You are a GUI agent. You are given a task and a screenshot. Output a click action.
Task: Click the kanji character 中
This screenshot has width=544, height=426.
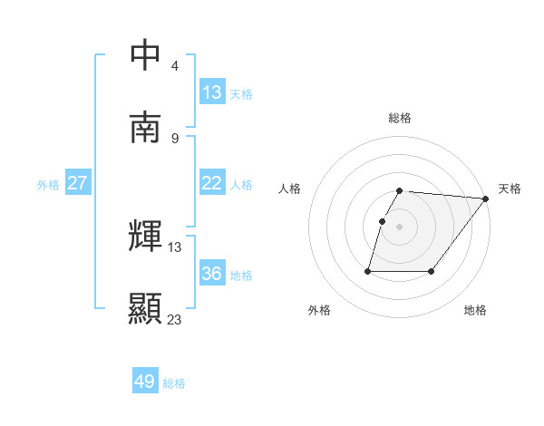click(x=146, y=54)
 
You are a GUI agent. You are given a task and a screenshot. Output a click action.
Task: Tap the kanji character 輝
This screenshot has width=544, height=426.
click(x=146, y=236)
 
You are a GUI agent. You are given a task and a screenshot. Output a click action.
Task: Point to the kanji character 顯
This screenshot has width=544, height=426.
click(x=146, y=307)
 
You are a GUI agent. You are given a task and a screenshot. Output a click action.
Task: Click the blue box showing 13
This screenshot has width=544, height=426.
click(x=212, y=92)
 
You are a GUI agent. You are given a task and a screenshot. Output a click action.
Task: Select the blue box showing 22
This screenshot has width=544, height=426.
click(x=212, y=182)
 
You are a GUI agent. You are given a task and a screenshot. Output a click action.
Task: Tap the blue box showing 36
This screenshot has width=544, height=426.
click(x=212, y=273)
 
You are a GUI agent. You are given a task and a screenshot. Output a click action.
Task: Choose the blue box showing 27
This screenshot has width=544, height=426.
click(x=78, y=182)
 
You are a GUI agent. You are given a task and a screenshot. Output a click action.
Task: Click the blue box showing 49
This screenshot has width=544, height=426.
click(x=145, y=382)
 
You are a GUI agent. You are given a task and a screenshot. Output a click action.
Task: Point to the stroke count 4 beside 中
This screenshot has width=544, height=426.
click(x=175, y=66)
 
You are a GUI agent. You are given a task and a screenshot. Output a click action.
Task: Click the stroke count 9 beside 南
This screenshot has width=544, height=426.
click(x=175, y=138)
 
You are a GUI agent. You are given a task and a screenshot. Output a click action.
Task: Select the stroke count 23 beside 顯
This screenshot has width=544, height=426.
click(x=175, y=319)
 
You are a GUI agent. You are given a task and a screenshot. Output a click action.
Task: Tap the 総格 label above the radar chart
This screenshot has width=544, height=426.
click(x=400, y=118)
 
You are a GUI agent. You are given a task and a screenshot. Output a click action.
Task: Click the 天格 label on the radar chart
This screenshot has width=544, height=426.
click(x=510, y=189)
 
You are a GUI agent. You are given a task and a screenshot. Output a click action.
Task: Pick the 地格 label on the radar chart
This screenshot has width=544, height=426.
click(x=475, y=310)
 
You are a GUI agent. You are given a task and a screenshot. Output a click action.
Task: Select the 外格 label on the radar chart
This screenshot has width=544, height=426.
click(x=319, y=310)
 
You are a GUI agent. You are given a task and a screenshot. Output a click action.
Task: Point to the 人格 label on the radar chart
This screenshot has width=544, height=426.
click(x=290, y=189)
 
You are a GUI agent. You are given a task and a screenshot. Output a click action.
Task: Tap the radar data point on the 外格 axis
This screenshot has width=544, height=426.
click(x=368, y=270)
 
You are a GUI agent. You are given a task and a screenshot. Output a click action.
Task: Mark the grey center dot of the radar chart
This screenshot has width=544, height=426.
click(x=400, y=227)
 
